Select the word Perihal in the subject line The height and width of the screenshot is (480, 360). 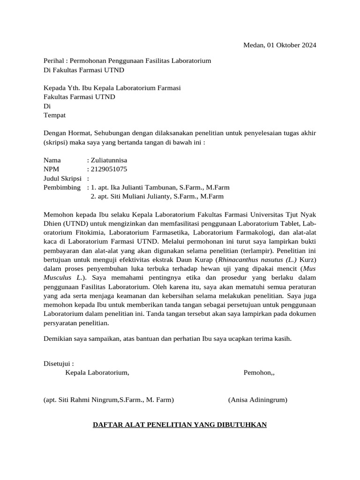53,61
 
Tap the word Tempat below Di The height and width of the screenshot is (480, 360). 54,115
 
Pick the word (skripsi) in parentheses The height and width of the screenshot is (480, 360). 56,142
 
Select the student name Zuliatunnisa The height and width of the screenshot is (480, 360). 109,160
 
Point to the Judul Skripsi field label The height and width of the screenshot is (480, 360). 62,178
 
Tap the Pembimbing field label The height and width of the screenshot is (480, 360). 62,187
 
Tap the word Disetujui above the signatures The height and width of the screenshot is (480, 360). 58,363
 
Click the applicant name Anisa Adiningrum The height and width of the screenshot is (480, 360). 258,400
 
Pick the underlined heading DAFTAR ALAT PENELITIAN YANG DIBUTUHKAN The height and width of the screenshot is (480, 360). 180,425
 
